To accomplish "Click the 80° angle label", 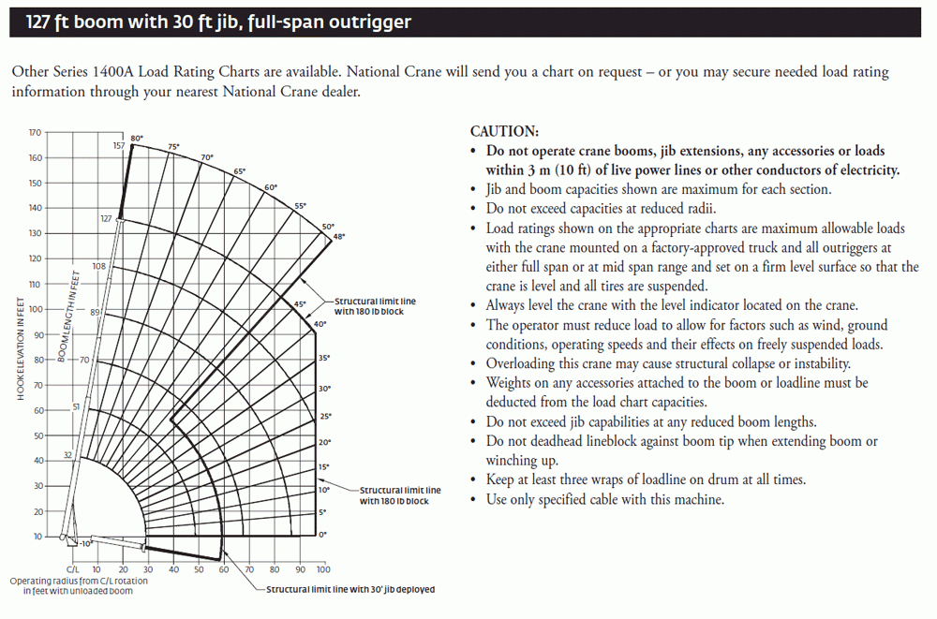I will point(137,139).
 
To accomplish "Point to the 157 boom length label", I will point(119,146).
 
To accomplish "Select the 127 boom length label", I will point(106,218).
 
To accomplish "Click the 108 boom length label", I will point(99,267).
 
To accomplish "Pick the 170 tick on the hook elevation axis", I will point(36,133).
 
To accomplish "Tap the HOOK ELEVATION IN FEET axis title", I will point(21,346).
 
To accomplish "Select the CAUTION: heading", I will point(504,132).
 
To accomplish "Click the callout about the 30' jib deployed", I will point(350,590).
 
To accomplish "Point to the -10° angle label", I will point(86,544).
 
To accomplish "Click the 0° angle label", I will point(322,535).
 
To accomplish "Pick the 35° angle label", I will point(324,359).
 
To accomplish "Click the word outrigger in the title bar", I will point(366,21).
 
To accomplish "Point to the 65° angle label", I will point(240,171).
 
